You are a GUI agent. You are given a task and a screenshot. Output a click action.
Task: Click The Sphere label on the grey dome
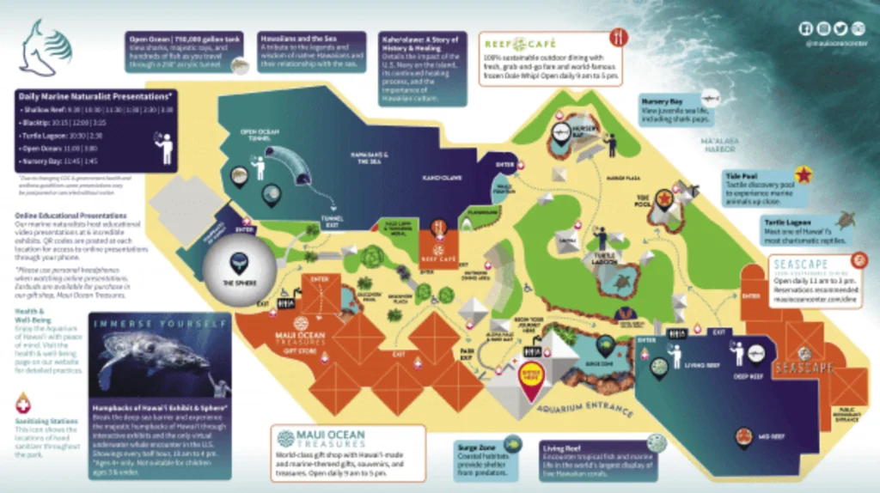[x=240, y=283]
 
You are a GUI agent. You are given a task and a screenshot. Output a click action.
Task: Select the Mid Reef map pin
[x=744, y=438]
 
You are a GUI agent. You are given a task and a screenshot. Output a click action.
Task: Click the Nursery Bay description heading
[x=662, y=100]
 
